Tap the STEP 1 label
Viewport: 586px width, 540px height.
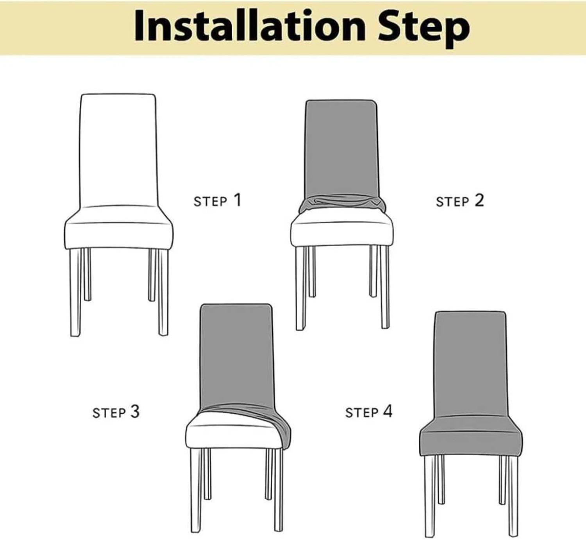(218, 201)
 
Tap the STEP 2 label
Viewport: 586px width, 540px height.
(460, 201)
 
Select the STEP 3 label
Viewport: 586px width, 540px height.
(116, 412)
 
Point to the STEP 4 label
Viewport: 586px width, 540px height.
(369, 412)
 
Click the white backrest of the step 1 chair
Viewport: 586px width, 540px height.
(118, 149)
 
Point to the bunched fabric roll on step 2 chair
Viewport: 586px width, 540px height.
(341, 203)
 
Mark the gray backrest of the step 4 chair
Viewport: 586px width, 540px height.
(471, 365)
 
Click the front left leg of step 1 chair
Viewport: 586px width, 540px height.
(75, 292)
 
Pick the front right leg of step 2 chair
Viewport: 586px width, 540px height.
(385, 288)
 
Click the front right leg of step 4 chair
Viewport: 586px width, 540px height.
(513, 497)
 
